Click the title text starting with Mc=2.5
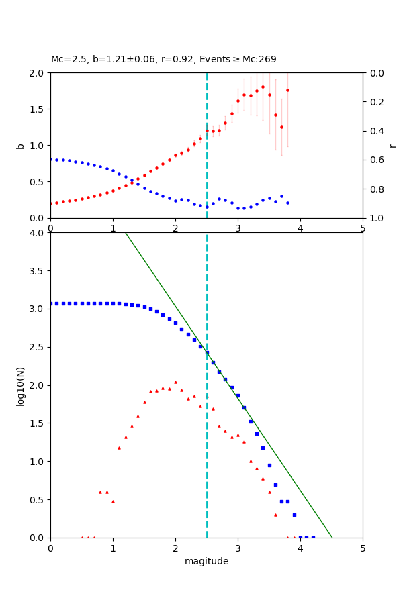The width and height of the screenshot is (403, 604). (x=163, y=60)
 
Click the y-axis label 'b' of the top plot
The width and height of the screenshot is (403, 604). (x=21, y=145)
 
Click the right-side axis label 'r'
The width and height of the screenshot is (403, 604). (x=393, y=145)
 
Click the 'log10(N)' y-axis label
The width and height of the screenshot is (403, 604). (x=21, y=385)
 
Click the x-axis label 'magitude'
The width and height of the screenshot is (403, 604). (x=206, y=561)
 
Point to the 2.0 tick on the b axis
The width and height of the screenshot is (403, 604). (x=38, y=72)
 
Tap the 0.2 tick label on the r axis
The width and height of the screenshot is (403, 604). (x=377, y=102)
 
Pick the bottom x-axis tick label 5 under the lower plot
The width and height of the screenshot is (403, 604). (x=363, y=548)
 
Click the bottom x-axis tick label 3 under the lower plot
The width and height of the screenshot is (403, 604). (x=238, y=548)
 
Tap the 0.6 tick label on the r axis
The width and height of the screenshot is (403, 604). (x=377, y=160)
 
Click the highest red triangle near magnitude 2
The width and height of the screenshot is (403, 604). (x=175, y=382)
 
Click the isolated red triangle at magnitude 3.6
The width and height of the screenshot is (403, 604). (x=275, y=515)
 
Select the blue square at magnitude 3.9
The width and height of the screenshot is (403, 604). (x=294, y=515)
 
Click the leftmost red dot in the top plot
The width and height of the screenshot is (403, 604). (x=50, y=203)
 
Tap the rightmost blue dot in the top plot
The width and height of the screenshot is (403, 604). (x=287, y=203)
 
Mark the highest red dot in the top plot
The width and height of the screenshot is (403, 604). (x=263, y=87)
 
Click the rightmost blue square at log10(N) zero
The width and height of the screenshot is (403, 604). (x=313, y=538)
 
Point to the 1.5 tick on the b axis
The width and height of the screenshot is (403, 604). (x=38, y=109)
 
